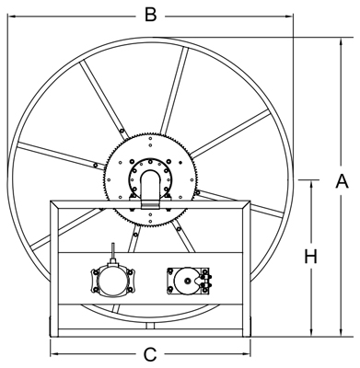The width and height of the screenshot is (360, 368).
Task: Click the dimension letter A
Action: coord(342,181)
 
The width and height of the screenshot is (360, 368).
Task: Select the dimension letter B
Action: coord(150,15)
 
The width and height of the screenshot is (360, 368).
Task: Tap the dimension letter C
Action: coord(150,355)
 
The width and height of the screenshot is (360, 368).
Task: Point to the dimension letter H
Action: coord(311,257)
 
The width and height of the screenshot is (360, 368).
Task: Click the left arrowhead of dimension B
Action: coord(12,16)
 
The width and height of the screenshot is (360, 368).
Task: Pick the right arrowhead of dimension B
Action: coord(289,16)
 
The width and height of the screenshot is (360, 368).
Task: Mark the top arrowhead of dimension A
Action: coord(341,42)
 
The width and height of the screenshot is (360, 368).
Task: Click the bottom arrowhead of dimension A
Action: coord(341,332)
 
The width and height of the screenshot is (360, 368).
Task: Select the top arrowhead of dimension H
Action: coord(312,185)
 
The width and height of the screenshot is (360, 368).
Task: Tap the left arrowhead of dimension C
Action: coord(55,354)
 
